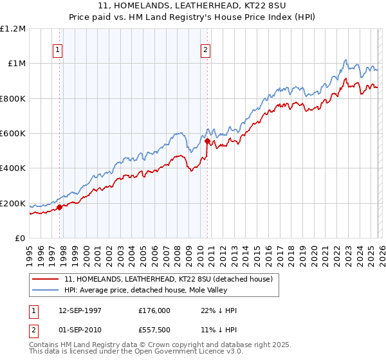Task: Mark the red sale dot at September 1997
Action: click(60, 207)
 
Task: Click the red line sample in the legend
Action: click(46, 279)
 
